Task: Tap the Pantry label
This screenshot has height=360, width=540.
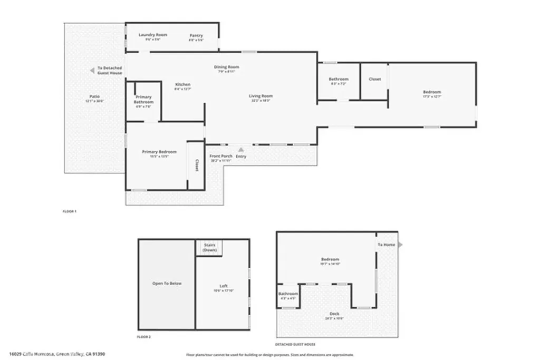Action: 196,36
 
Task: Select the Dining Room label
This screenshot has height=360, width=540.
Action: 226,67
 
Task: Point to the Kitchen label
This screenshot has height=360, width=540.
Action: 182,85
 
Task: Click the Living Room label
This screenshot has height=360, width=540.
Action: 261,96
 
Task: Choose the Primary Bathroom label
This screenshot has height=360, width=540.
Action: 143,100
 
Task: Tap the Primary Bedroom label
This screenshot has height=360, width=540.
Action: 159,152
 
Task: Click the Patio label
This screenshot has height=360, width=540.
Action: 94,96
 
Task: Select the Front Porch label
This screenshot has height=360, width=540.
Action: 221,157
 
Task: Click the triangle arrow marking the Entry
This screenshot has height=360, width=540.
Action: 242,150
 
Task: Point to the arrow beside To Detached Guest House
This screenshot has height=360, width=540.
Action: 92,68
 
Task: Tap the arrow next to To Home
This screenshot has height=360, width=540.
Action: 400,245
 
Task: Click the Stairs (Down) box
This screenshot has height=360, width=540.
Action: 209,248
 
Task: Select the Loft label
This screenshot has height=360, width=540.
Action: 223,286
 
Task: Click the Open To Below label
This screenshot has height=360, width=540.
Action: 167,284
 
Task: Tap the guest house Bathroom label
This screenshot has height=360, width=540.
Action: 288,294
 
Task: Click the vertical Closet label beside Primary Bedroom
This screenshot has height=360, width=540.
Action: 196,166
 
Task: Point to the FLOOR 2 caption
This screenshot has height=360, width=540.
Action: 143,336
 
